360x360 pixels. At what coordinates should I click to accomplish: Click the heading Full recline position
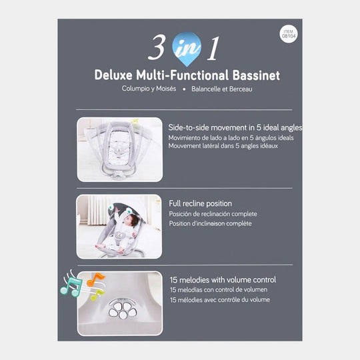coord(200,203)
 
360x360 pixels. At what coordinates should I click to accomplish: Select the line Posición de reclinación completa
coord(212,214)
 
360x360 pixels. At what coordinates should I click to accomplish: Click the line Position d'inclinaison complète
coord(210,224)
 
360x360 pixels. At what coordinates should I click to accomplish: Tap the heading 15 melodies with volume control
coord(222,279)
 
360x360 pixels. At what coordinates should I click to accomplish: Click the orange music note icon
coord(95,279)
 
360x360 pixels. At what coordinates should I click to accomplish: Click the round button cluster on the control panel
coord(122,310)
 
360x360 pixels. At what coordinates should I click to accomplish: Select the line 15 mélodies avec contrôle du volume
coord(219,301)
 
